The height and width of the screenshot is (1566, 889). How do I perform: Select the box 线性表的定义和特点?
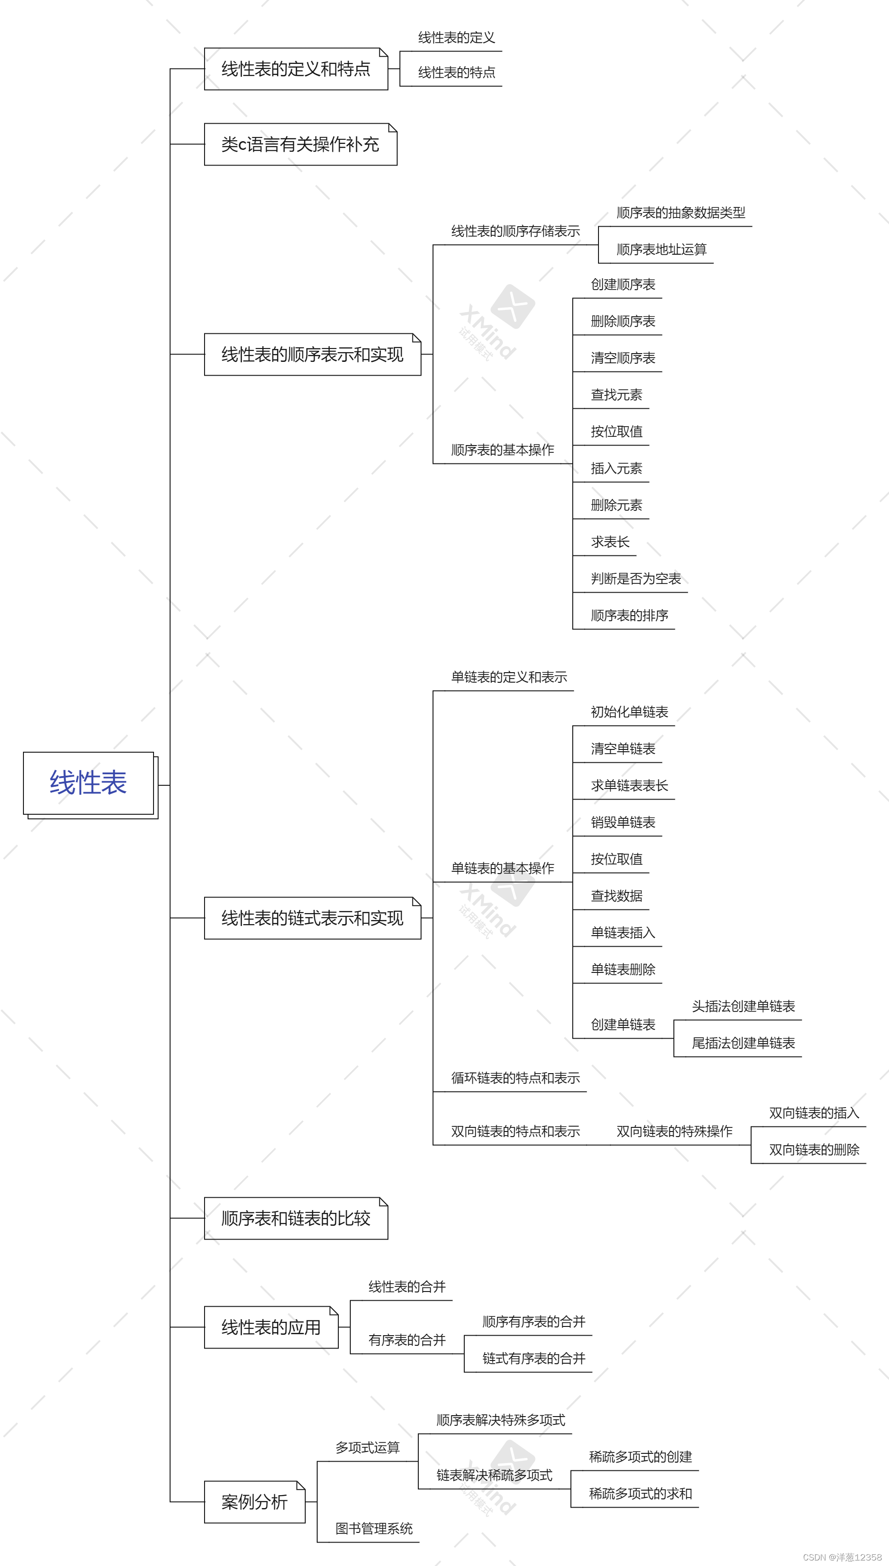[296, 69]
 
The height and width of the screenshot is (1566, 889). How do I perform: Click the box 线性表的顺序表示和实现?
[312, 354]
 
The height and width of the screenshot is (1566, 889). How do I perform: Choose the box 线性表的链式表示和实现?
[312, 918]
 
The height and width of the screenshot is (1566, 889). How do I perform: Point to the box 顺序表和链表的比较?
[296, 1218]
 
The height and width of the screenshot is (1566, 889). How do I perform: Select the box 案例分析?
[254, 1502]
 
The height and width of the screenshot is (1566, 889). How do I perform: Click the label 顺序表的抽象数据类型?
[681, 213]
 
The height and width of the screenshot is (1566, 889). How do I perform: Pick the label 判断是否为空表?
[636, 579]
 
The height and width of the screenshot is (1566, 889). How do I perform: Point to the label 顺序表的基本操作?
[502, 450]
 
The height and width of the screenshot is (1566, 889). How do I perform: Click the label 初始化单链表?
[629, 712]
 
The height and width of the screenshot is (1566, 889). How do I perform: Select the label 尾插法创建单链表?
[743, 1043]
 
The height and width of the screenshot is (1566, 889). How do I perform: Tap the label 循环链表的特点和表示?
[515, 1078]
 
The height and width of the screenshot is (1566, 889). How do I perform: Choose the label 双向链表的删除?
[814, 1150]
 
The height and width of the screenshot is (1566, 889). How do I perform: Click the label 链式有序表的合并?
[534, 1359]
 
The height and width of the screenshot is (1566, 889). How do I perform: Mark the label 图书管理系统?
[374, 1529]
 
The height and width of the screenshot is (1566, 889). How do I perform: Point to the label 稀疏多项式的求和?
[640, 1494]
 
